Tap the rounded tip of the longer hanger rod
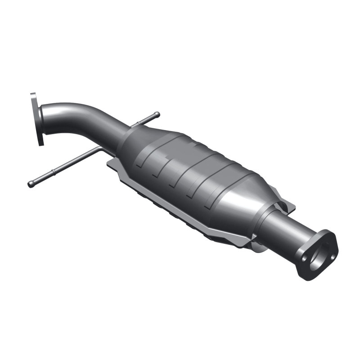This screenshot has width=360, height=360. pos(31,184)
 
